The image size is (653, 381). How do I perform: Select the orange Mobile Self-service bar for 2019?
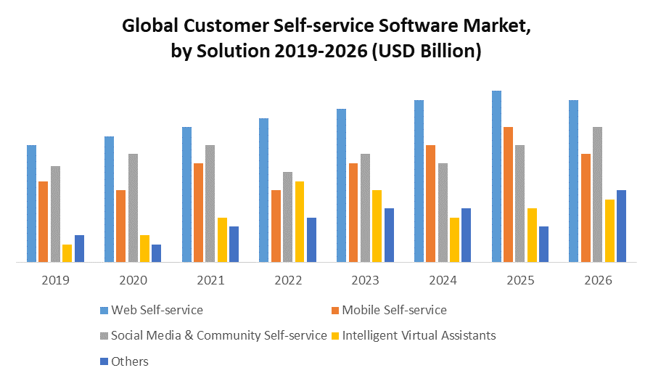click(44, 221)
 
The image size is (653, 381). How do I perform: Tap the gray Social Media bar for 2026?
click(597, 194)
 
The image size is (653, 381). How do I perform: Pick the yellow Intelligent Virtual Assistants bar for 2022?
click(300, 221)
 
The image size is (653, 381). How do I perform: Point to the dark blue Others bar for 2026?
click(621, 226)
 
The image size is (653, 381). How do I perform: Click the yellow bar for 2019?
click(67, 253)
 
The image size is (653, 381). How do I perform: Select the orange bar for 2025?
click(508, 194)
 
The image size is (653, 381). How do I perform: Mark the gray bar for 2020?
click(133, 208)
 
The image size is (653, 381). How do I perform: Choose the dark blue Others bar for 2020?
click(157, 253)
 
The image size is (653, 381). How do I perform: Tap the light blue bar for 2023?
click(341, 185)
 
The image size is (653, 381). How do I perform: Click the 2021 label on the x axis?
click(210, 280)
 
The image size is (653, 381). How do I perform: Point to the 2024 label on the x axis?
click(443, 280)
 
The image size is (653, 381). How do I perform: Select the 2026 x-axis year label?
click(598, 280)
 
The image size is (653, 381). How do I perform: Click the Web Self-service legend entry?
click(157, 310)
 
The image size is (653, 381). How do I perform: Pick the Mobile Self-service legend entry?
click(394, 310)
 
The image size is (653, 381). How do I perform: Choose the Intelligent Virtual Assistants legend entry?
click(419, 335)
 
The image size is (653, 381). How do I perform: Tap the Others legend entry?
click(131, 361)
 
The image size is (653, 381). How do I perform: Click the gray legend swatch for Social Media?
click(104, 336)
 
